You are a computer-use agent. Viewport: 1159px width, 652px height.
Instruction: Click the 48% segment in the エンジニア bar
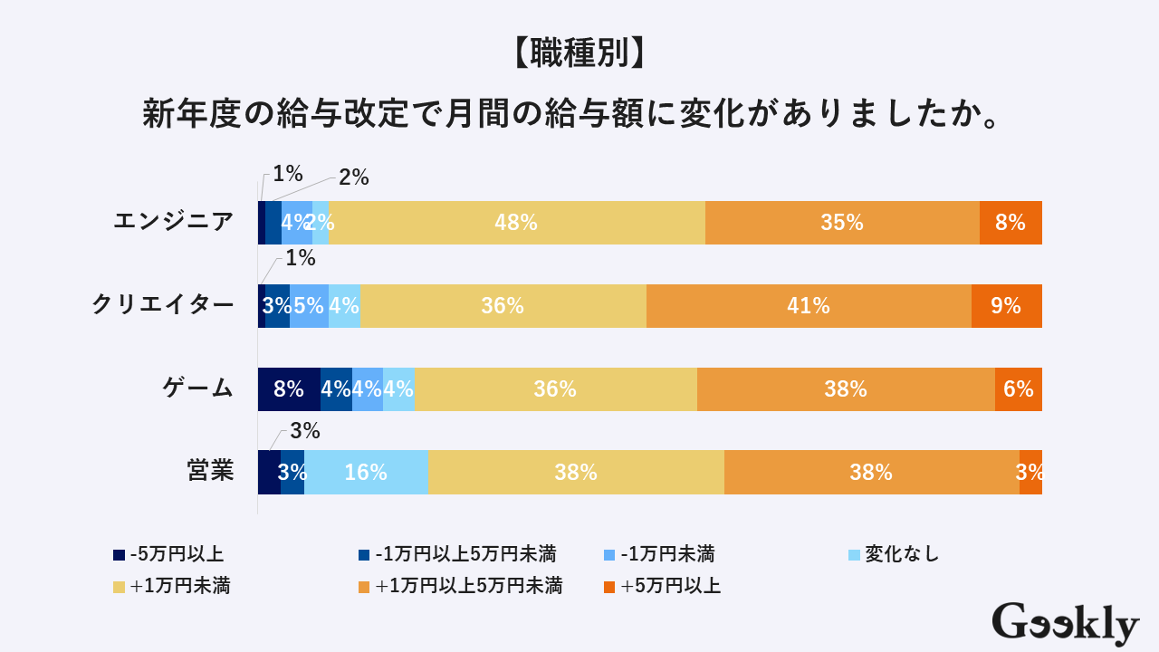(x=516, y=223)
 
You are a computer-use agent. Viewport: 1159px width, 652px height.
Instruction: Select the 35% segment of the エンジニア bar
(x=842, y=223)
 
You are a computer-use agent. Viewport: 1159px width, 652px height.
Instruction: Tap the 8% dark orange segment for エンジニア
(x=1011, y=223)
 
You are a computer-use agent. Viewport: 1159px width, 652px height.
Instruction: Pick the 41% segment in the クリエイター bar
(x=809, y=306)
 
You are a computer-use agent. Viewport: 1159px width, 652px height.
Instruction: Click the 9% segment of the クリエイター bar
(x=1006, y=306)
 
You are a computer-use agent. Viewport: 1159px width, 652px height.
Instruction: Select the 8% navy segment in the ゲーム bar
(x=289, y=389)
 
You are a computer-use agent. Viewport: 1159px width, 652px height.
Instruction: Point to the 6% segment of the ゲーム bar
(x=1019, y=389)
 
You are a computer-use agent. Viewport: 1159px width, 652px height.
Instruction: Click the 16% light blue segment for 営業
(x=366, y=473)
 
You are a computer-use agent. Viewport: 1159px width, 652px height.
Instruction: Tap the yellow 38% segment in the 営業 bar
(x=576, y=473)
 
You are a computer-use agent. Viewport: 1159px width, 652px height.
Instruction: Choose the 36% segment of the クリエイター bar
(x=503, y=306)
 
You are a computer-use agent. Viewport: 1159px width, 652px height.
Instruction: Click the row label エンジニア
(x=173, y=222)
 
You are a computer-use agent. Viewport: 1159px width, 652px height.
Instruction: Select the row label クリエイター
(x=162, y=305)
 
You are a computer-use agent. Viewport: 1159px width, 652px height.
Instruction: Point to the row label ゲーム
(x=197, y=388)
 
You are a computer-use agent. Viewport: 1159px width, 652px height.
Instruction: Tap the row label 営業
(x=210, y=472)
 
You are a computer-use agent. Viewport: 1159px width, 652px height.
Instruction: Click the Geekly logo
(x=1065, y=625)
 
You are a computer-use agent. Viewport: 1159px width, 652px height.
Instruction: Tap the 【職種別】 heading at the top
(x=579, y=54)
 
